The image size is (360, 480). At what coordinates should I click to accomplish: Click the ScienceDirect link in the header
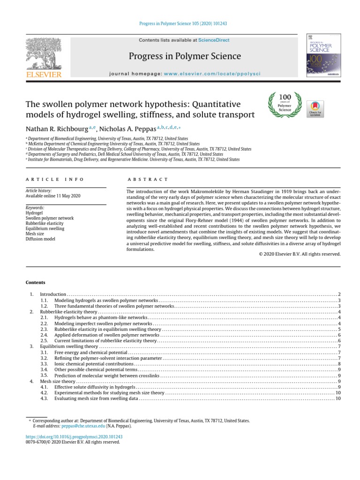click(214, 40)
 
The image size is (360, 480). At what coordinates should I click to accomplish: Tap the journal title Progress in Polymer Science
click(185, 57)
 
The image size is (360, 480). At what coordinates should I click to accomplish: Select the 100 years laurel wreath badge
click(285, 105)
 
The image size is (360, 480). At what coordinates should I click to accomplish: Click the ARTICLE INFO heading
click(54, 180)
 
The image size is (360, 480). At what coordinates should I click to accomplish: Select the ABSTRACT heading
click(148, 180)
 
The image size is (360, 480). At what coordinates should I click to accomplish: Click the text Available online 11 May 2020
click(53, 196)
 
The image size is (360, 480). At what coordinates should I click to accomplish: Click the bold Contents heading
click(35, 283)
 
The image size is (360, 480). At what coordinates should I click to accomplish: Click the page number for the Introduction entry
click(339, 294)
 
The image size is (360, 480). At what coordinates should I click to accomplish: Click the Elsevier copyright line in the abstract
click(300, 254)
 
